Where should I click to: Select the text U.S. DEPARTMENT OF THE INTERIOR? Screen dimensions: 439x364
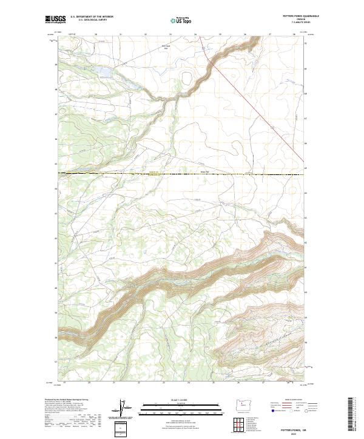(x=92, y=17)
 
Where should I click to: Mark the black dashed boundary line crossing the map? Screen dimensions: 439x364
(x=182, y=174)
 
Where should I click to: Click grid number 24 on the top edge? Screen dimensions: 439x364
(x=196, y=35)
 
